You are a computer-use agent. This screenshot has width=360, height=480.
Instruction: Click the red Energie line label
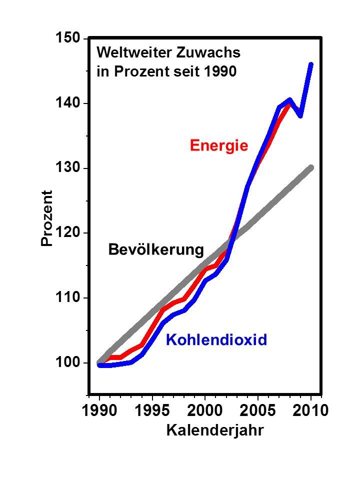click(218, 146)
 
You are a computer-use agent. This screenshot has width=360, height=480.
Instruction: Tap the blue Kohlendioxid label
click(216, 340)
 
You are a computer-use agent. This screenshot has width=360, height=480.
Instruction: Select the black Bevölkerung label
click(156, 249)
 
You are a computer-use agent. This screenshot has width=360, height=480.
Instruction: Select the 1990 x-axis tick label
click(99, 411)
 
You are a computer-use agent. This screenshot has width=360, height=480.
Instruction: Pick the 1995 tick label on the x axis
click(152, 411)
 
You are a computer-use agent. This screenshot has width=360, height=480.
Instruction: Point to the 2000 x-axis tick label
click(205, 411)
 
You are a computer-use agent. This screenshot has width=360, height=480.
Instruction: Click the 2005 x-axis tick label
click(257, 411)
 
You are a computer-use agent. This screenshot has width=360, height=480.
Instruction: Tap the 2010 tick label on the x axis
click(310, 411)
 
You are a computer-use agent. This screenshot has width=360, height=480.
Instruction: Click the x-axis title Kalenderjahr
click(214, 430)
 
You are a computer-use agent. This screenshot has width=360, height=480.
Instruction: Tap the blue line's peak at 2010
click(310, 64)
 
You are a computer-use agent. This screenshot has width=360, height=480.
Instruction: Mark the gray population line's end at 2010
click(310, 167)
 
